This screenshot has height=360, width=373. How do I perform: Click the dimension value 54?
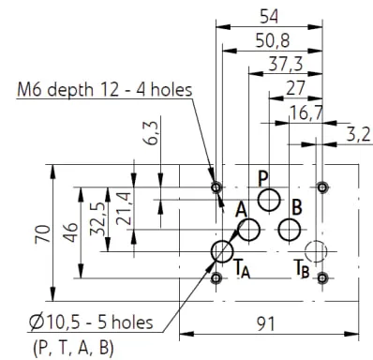tap(269, 17)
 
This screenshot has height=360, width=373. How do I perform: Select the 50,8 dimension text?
tap(273, 40)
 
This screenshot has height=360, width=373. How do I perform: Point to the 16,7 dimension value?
tap(306, 112)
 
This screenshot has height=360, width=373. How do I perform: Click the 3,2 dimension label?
tap(358, 135)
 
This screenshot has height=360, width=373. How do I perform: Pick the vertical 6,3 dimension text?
tap(153, 133)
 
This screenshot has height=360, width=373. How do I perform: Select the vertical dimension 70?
tap(42, 233)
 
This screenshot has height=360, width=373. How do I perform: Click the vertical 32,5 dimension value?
tap(97, 221)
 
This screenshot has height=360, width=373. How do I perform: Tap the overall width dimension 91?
tap(266, 324)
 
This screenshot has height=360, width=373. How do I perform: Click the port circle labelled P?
tap(269, 200)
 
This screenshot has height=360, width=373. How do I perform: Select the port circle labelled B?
tap(290, 230)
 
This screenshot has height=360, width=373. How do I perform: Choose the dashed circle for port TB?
tap(316, 251)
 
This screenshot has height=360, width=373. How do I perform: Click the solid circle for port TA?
tap(222, 251)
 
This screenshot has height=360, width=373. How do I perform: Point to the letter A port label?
tap(241, 210)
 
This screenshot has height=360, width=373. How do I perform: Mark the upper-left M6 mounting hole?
tap(216, 187)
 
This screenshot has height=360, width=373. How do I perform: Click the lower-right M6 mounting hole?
tap(322, 277)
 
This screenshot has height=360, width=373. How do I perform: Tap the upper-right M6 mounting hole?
tap(322, 187)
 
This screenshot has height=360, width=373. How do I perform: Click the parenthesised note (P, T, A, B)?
tap(73, 348)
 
